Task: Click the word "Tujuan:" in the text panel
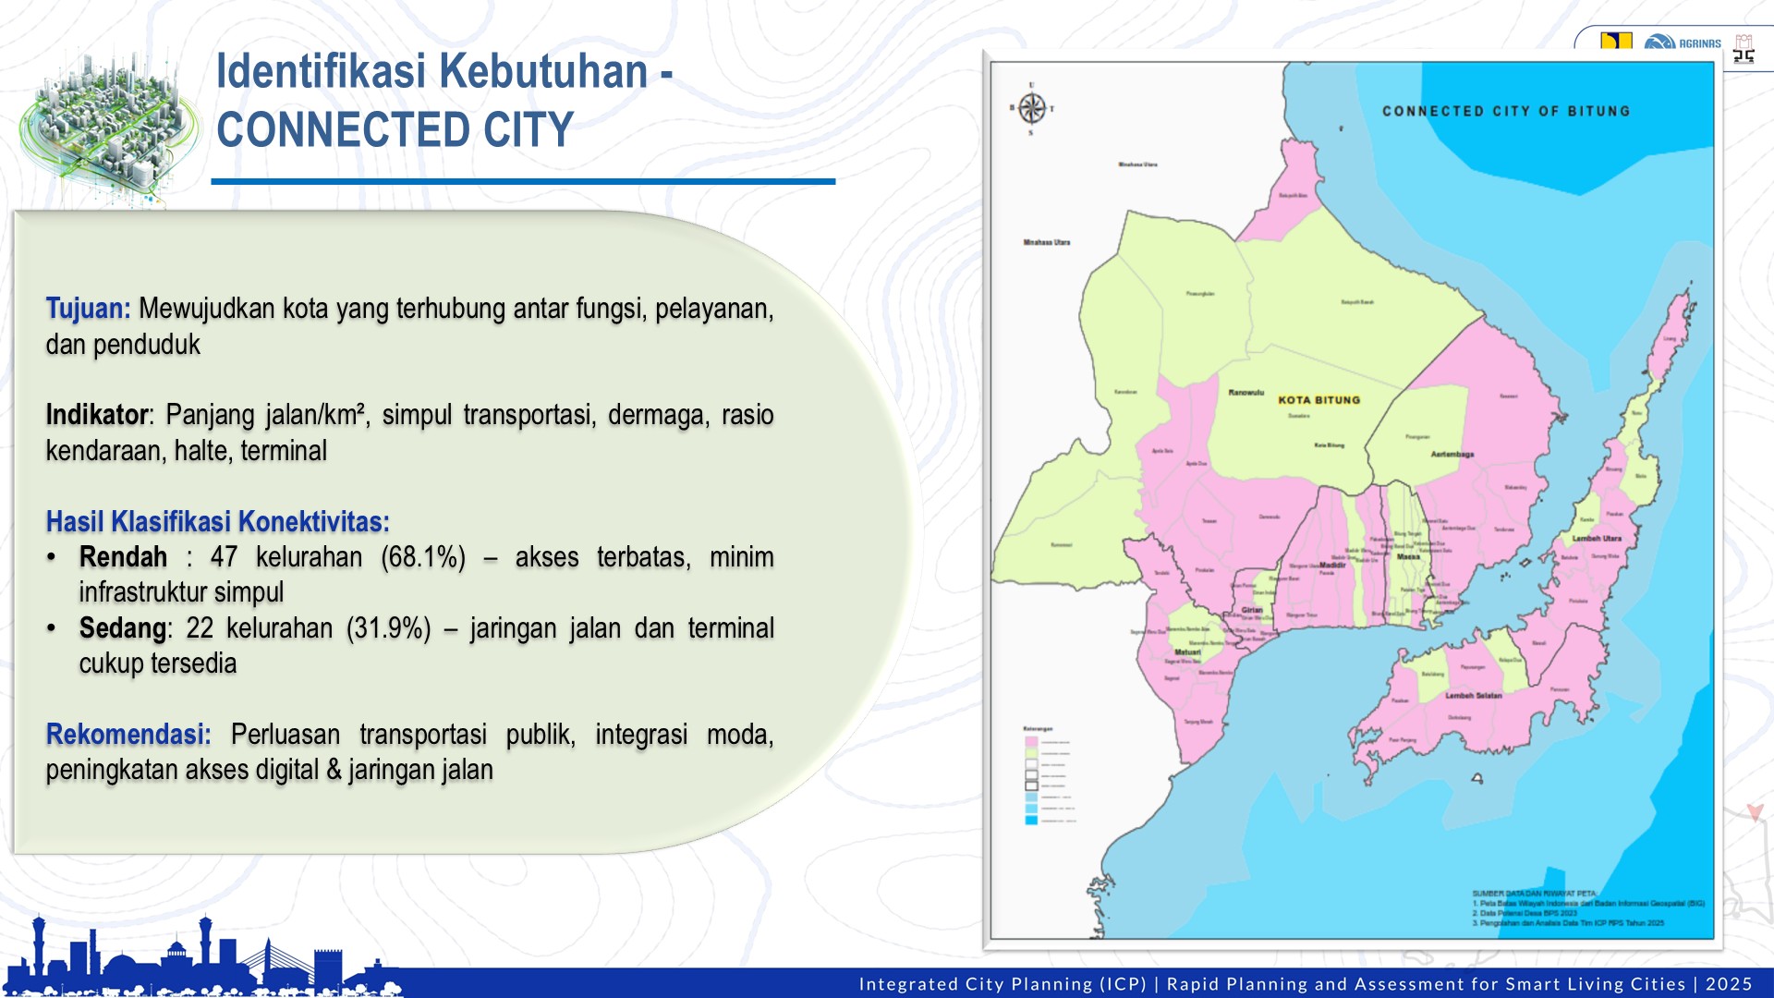point(88,309)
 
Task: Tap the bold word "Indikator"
point(97,415)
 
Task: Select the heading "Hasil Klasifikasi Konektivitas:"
point(217,522)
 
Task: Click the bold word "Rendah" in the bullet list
point(123,557)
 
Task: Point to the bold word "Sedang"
point(122,628)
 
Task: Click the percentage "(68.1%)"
point(423,557)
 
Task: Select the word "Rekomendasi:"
point(128,735)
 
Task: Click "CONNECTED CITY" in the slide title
point(395,130)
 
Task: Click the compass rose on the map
point(1032,108)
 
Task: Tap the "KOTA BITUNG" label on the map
point(1318,400)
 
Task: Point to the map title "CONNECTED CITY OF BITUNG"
point(1505,111)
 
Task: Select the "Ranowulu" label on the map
point(1245,393)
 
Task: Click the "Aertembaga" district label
point(1452,455)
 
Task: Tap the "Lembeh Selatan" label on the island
point(1473,696)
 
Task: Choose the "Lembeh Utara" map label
point(1597,538)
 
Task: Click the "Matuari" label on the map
point(1187,652)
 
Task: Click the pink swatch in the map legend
point(1031,741)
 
